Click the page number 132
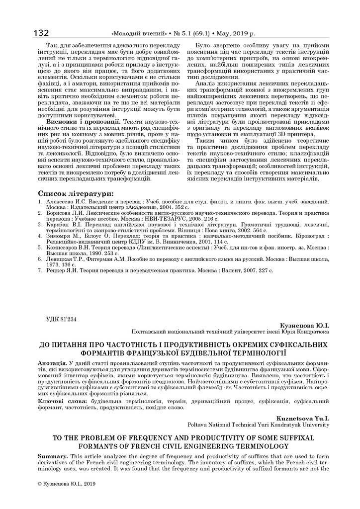(41, 33)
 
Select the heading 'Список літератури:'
(76, 193)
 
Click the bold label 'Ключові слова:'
(62, 401)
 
